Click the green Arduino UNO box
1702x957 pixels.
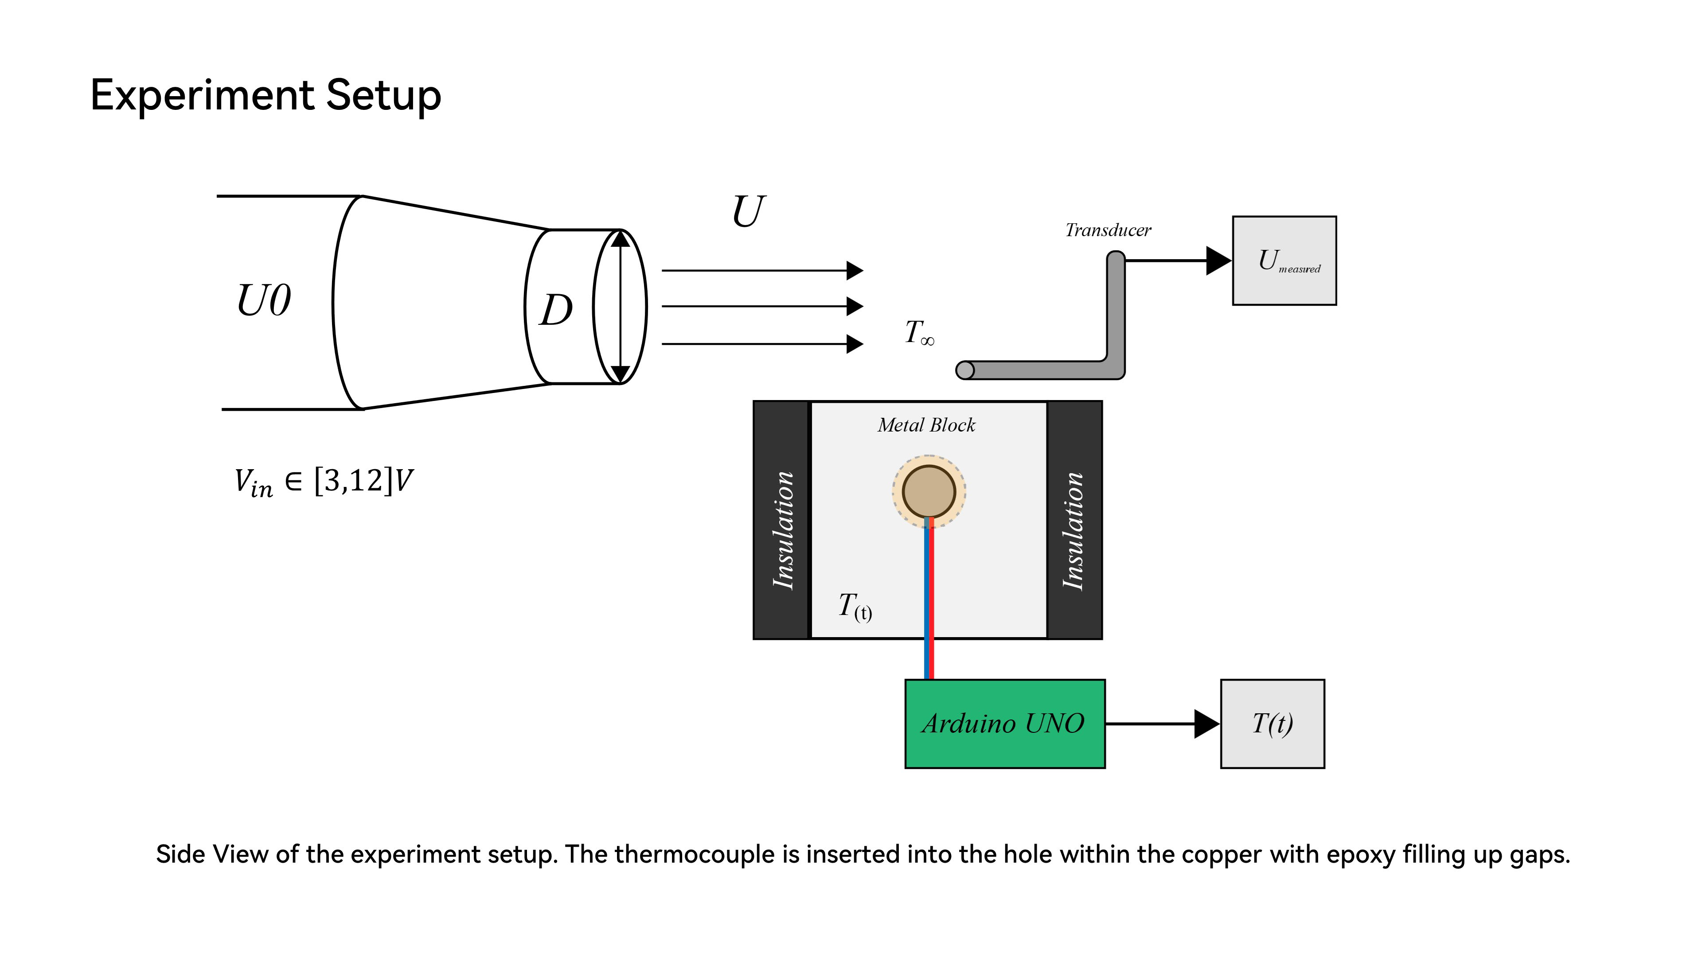tap(1004, 724)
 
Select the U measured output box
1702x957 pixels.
tap(1284, 261)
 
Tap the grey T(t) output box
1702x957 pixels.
tap(1273, 724)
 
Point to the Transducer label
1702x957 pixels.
tap(1108, 230)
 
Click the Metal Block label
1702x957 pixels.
tap(926, 425)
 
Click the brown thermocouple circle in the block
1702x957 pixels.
tap(929, 491)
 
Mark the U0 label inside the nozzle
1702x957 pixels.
tap(264, 301)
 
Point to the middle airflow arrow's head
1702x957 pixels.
tap(855, 307)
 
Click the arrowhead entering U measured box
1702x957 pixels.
tap(1218, 261)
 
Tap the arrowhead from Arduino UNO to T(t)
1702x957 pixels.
tap(1206, 724)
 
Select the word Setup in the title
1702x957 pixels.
tap(383, 95)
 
